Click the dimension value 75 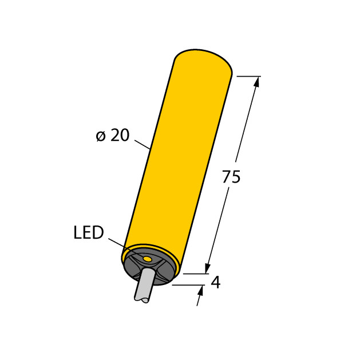pyautogui.click(x=231, y=177)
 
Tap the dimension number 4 pyautogui.click(x=216, y=282)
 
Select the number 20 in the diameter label pyautogui.click(x=120, y=136)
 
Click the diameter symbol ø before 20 pyautogui.click(x=101, y=136)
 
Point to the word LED pyautogui.click(x=89, y=232)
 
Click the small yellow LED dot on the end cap pyautogui.click(x=147, y=260)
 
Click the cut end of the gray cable pyautogui.click(x=141, y=298)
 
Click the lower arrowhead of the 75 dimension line pyautogui.click(x=208, y=267)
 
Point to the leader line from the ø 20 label pyautogui.click(x=143, y=144)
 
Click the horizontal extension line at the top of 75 pyautogui.click(x=248, y=76)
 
